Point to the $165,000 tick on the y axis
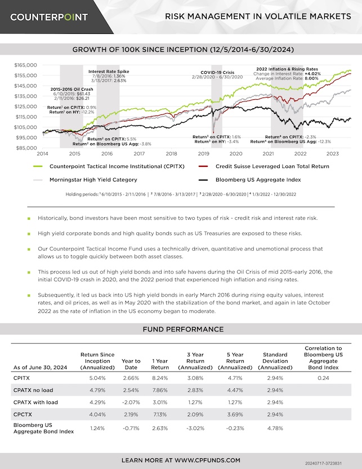tap(25, 65)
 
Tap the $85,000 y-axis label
tap(26, 148)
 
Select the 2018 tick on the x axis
tap(172, 153)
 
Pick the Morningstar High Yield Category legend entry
tap(93, 180)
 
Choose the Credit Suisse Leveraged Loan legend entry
tap(272, 166)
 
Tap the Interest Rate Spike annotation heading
tap(109, 72)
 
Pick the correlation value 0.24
tap(323, 379)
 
